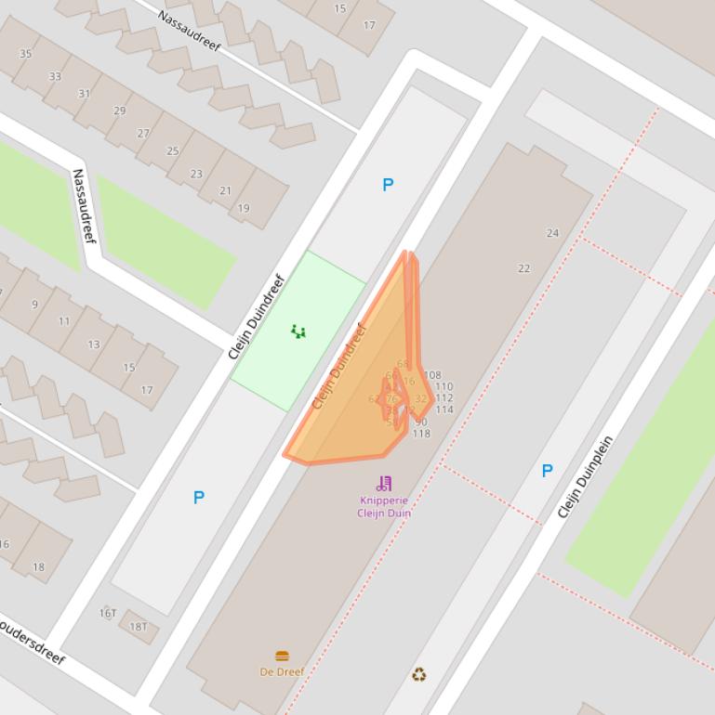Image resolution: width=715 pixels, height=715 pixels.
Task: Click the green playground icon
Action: point(298,331)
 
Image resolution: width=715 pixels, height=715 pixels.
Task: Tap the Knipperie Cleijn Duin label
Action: point(384,506)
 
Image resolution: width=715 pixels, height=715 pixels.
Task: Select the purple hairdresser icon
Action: point(384,483)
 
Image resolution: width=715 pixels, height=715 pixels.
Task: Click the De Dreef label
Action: point(282,671)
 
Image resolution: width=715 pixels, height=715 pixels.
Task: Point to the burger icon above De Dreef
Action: point(282,656)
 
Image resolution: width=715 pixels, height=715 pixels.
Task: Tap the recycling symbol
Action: point(419,674)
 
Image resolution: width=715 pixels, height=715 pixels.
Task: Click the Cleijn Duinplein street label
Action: point(586,476)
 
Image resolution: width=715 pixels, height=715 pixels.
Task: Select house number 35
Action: point(25,53)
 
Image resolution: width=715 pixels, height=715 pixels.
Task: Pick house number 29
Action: point(119,110)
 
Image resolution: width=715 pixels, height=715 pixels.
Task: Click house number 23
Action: point(196,174)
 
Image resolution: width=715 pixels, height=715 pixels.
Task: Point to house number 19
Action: point(244,208)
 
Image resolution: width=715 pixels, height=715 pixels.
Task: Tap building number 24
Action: point(552,233)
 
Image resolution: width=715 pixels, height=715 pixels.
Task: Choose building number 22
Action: point(523,268)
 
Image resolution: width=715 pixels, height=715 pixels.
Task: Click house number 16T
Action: point(108,613)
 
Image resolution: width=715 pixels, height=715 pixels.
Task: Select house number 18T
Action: point(138,627)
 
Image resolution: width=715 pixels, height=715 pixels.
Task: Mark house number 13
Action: point(93,344)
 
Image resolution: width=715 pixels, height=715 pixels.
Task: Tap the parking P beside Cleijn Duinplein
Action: point(547,471)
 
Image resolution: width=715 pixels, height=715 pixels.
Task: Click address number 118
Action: point(421,434)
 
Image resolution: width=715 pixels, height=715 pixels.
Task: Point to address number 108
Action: point(431,375)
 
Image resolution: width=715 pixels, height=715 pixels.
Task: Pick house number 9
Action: point(35,304)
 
